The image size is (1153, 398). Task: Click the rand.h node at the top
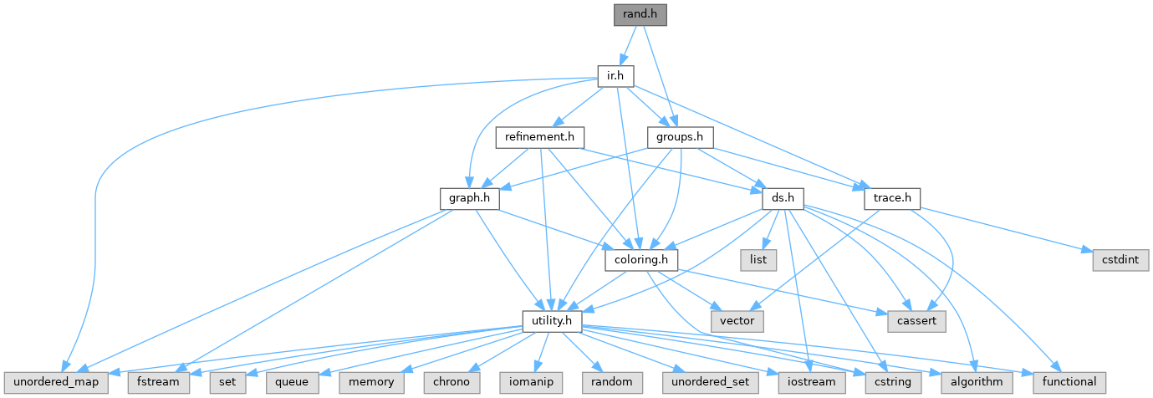[x=640, y=14]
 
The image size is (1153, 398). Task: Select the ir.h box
[x=615, y=76]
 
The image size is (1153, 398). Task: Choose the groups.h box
[x=680, y=136]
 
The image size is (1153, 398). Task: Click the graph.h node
[x=469, y=198]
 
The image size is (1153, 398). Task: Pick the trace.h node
[x=891, y=198]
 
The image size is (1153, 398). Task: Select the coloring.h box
[x=641, y=260]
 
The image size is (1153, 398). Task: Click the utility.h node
[x=552, y=320]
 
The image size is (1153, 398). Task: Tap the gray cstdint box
[x=1120, y=260]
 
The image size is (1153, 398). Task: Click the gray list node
[x=758, y=260]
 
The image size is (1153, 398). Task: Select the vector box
[x=737, y=320]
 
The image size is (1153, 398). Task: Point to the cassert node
[x=911, y=320]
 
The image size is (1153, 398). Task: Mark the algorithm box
[x=977, y=382]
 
